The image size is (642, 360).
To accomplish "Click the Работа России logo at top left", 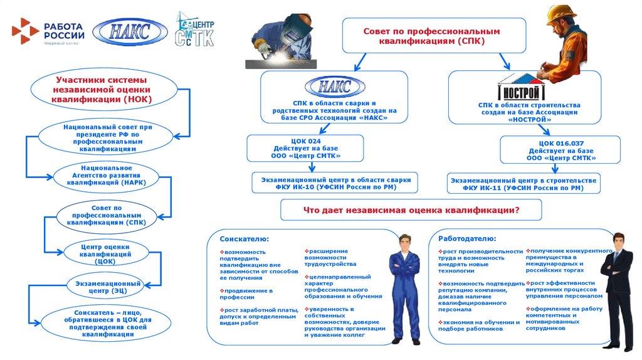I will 47,31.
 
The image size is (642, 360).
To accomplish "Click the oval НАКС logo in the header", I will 130,31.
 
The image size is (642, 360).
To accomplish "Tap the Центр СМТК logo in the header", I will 194,29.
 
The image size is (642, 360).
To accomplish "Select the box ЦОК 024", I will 306,148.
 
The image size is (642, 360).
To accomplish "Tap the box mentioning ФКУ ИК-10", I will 334,183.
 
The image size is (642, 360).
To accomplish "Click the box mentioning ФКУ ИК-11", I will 525,183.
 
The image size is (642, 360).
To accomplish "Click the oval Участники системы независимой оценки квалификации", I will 102,90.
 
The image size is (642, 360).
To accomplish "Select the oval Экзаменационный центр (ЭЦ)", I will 105,287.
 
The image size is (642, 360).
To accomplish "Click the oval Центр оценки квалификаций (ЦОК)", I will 105,253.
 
